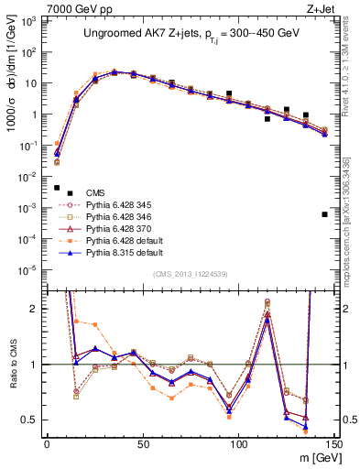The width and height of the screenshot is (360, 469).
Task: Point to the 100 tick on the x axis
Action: point(239,446)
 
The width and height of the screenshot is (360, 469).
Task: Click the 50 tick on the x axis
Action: point(143,446)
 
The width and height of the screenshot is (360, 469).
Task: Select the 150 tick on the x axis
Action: point(334,446)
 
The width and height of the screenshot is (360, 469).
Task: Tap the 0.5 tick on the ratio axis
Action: point(32,420)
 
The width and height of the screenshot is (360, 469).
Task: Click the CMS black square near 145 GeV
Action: point(325,214)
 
